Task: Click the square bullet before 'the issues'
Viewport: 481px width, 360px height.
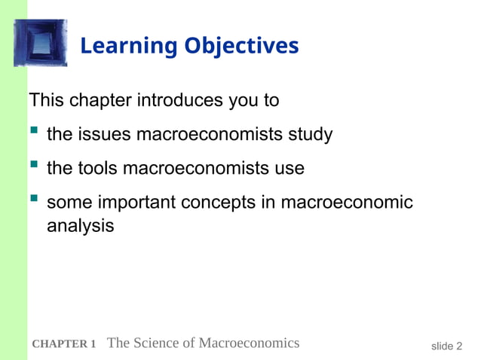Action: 33,134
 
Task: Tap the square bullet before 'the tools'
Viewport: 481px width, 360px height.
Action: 33,167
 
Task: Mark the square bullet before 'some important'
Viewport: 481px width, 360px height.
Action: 33,201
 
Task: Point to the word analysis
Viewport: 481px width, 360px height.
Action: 81,225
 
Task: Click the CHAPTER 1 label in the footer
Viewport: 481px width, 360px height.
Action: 64,344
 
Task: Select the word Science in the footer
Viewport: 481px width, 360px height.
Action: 159,343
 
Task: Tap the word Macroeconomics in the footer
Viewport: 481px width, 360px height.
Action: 248,343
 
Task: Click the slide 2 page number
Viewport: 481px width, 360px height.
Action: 446,346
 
